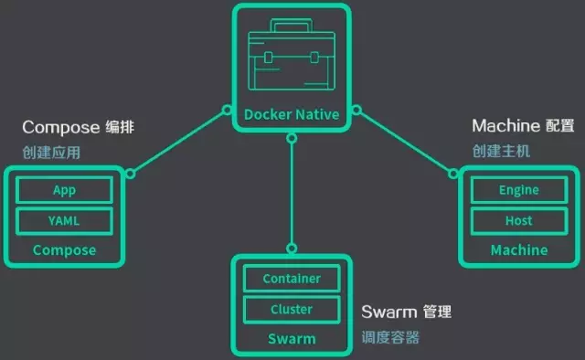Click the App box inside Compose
click(64, 190)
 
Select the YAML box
click(64, 220)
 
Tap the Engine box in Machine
click(518, 190)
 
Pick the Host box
click(518, 220)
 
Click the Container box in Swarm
click(292, 278)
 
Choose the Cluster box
click(292, 309)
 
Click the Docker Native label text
click(292, 114)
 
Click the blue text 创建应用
click(51, 153)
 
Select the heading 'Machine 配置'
click(518, 125)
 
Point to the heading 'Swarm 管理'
click(406, 312)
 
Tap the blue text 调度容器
click(390, 337)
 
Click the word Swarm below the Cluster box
click(292, 339)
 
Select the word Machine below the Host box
click(518, 249)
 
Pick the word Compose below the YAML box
click(64, 249)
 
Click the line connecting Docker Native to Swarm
click(292, 192)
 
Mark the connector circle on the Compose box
click(131, 173)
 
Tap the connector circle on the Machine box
click(452, 173)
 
